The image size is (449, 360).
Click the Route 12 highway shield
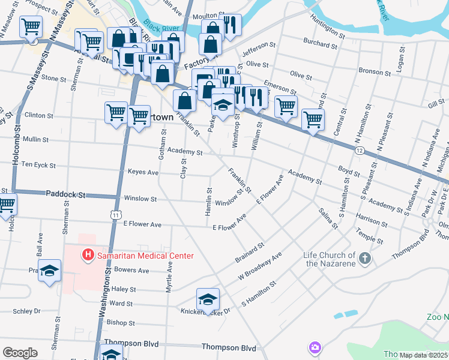(x=358, y=149)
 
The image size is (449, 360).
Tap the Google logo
(x=20, y=353)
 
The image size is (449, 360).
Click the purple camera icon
(x=315, y=347)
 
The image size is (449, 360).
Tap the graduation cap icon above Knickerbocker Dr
(x=208, y=299)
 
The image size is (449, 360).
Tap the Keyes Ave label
(x=143, y=172)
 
